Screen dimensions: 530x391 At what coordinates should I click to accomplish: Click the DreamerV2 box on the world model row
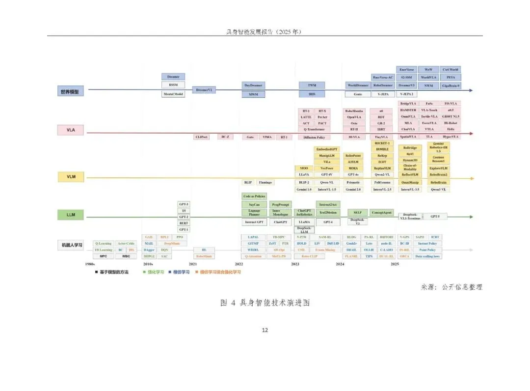tap(203, 90)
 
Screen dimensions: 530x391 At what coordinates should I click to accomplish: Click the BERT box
tap(184, 223)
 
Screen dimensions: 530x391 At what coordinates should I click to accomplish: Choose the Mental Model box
tap(173, 93)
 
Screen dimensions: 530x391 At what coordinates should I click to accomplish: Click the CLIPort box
tap(201, 137)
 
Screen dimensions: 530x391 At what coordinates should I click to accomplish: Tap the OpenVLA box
tap(354, 117)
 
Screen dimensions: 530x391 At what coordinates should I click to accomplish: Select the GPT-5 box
tap(435, 216)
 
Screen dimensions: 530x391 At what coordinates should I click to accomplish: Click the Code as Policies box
tap(254, 196)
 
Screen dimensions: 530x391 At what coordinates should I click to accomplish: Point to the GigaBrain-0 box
tap(451, 85)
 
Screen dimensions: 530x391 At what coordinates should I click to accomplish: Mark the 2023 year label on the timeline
tap(295, 264)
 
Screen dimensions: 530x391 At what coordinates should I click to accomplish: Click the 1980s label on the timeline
tap(90, 264)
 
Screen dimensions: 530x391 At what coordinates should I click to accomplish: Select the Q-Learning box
tap(104, 243)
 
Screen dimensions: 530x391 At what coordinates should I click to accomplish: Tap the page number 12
tap(265, 330)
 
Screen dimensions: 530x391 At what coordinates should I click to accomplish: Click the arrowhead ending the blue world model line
tap(471, 90)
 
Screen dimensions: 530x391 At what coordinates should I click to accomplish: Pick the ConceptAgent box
tap(381, 212)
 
